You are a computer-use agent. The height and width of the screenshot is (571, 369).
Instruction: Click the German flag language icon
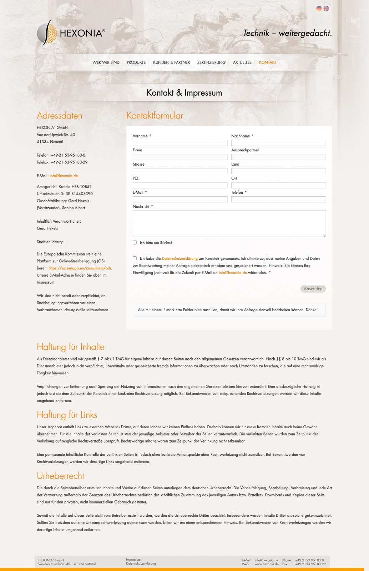319,9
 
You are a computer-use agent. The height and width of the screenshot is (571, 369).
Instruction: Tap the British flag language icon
326,9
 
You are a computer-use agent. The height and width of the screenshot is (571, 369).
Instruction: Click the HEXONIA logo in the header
71,33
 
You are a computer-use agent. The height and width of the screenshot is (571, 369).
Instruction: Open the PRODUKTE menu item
136,62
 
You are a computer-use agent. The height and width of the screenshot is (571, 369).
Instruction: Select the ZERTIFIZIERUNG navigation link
211,62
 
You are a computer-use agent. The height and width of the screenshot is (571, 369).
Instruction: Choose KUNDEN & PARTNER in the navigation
171,62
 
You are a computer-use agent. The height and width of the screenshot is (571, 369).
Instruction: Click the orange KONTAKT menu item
268,62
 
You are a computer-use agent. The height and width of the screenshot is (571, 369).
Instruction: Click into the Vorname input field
180,143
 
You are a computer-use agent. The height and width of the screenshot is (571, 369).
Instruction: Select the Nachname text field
278,143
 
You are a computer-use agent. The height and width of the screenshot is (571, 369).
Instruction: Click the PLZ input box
180,185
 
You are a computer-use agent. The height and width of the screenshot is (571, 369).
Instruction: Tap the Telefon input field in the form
278,199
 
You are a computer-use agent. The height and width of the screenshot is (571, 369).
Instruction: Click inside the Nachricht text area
229,223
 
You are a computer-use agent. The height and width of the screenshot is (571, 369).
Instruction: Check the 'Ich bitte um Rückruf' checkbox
135,243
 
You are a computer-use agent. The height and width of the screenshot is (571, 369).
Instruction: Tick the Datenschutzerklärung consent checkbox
135,258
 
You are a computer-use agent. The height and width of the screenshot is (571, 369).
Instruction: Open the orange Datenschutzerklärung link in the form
180,258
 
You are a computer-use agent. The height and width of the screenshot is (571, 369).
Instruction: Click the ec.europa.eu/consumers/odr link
80,268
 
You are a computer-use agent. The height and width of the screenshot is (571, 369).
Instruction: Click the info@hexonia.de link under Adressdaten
64,176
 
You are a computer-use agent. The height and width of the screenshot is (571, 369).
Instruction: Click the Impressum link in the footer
133,560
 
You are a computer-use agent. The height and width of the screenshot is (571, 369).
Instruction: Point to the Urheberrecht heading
60,476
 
